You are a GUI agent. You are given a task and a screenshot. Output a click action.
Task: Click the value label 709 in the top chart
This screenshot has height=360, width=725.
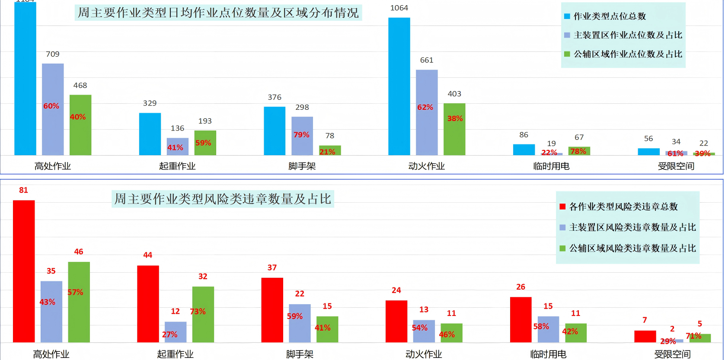53,54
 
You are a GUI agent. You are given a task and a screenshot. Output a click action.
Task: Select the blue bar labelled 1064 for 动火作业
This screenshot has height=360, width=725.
399,86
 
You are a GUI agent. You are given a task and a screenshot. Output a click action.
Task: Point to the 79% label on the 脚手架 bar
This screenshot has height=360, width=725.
301,135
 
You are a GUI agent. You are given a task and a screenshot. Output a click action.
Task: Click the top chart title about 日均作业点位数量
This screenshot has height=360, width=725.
218,13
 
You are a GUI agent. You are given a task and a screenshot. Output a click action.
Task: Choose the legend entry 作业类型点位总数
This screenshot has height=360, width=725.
609,16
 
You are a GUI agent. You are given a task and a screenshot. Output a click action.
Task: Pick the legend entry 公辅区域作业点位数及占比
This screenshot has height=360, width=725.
627,54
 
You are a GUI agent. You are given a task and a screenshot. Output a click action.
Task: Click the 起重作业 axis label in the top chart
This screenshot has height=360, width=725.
177,166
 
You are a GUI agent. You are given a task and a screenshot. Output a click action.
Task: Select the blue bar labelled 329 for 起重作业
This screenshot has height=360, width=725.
150,134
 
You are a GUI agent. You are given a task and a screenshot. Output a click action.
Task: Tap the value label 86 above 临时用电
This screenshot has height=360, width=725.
524,135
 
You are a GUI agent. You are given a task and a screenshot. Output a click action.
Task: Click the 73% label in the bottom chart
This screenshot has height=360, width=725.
198,312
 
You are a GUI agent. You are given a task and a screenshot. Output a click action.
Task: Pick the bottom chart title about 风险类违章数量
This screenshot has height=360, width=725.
223,199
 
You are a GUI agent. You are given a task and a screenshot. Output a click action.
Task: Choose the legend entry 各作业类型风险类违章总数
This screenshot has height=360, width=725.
623,207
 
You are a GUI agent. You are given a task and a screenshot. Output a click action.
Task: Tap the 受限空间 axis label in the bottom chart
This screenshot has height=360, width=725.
672,354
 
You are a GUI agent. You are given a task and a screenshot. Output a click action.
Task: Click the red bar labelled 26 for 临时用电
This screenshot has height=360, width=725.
521,320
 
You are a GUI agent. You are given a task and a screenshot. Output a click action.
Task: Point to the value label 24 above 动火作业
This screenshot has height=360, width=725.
396,290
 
